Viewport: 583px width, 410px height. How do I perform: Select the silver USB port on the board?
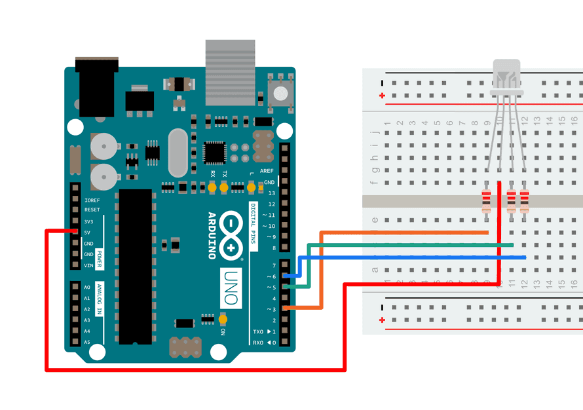[x=229, y=72]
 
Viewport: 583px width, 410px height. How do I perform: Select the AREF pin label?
[x=267, y=170]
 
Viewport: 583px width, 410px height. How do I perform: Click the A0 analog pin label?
[x=87, y=288]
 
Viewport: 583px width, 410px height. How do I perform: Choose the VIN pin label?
[x=88, y=265]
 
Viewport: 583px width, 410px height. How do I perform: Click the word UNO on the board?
[x=231, y=288]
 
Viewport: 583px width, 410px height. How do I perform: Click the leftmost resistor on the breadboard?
[x=485, y=200]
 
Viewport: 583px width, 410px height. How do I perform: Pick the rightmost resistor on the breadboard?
[x=524, y=200]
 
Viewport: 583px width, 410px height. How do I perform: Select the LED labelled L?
[x=252, y=188]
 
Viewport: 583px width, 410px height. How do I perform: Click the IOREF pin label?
[x=92, y=200]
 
